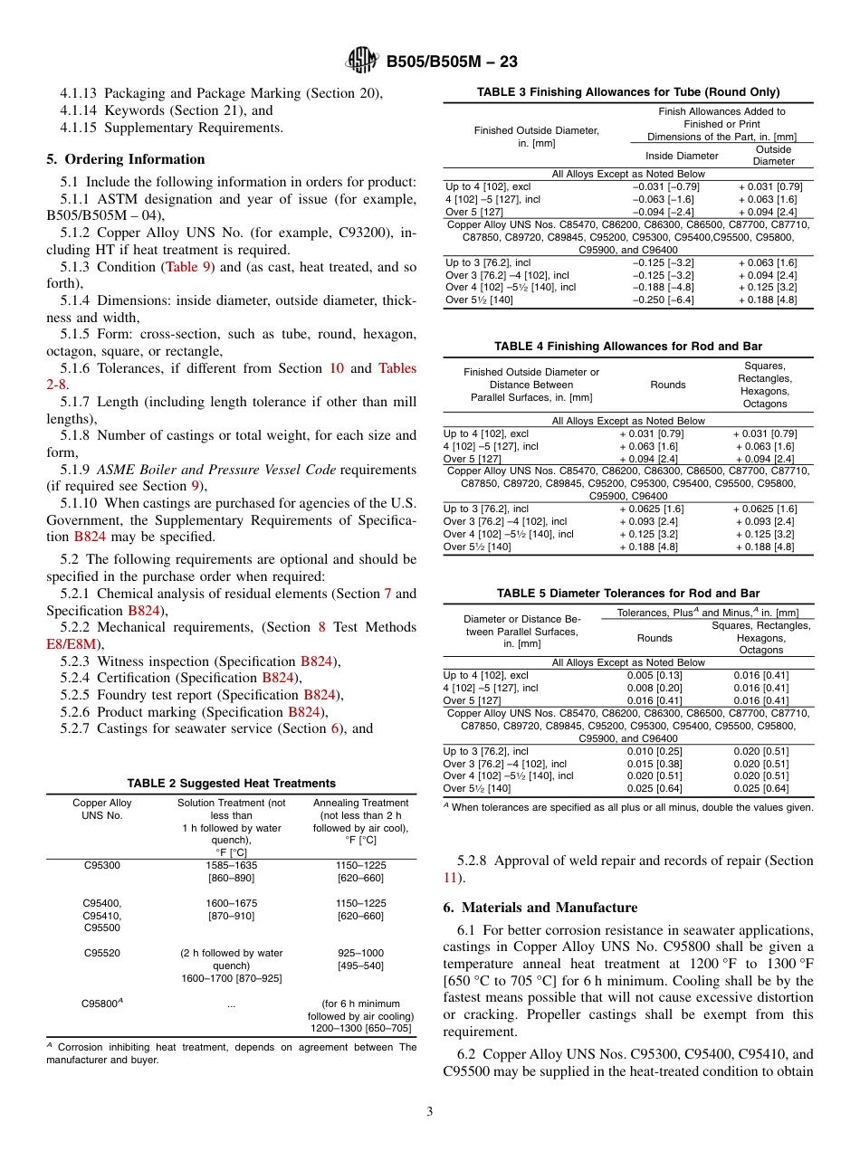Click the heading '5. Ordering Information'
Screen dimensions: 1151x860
tap(126, 159)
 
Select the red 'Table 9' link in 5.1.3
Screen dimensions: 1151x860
tap(188, 267)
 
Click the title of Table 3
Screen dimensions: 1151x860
tap(627, 91)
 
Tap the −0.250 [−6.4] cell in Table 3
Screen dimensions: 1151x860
tap(663, 300)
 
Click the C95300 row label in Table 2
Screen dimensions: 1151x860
tap(102, 865)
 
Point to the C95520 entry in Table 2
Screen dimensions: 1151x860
tap(102, 953)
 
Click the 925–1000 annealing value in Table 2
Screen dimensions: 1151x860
tap(359, 953)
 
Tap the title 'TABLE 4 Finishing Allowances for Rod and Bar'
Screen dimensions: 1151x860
tap(627, 347)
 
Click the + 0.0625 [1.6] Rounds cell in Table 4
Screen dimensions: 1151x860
tap(651, 509)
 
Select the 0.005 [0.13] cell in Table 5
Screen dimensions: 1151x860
tap(655, 675)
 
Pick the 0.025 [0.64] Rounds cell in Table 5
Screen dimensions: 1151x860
tap(655, 788)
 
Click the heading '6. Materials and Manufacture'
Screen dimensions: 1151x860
tap(540, 908)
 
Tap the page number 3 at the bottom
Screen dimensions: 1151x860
tap(430, 1112)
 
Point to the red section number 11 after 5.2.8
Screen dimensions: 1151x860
tap(450, 878)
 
